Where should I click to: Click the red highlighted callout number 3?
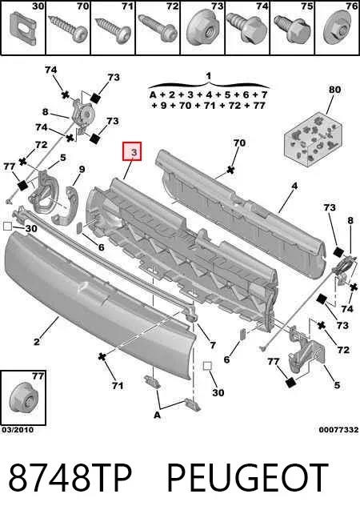coord(133,151)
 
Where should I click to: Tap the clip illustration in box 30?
coord(22,28)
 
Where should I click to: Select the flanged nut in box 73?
coord(204,30)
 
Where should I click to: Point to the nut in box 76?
coord(338,30)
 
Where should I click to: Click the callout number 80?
coord(334,89)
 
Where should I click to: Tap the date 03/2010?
coord(18,430)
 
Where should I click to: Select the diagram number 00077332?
coord(338,430)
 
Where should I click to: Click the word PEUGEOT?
coord(247,477)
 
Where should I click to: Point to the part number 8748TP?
coord(70,477)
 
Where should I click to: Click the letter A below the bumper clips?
coord(157,415)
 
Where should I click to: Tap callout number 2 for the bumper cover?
coord(37,341)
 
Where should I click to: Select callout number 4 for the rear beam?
coord(294,186)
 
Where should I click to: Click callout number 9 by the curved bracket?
coord(82,169)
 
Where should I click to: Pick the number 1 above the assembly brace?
coord(209,76)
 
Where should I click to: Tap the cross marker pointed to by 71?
coord(102,357)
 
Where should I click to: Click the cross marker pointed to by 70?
coord(230,170)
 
